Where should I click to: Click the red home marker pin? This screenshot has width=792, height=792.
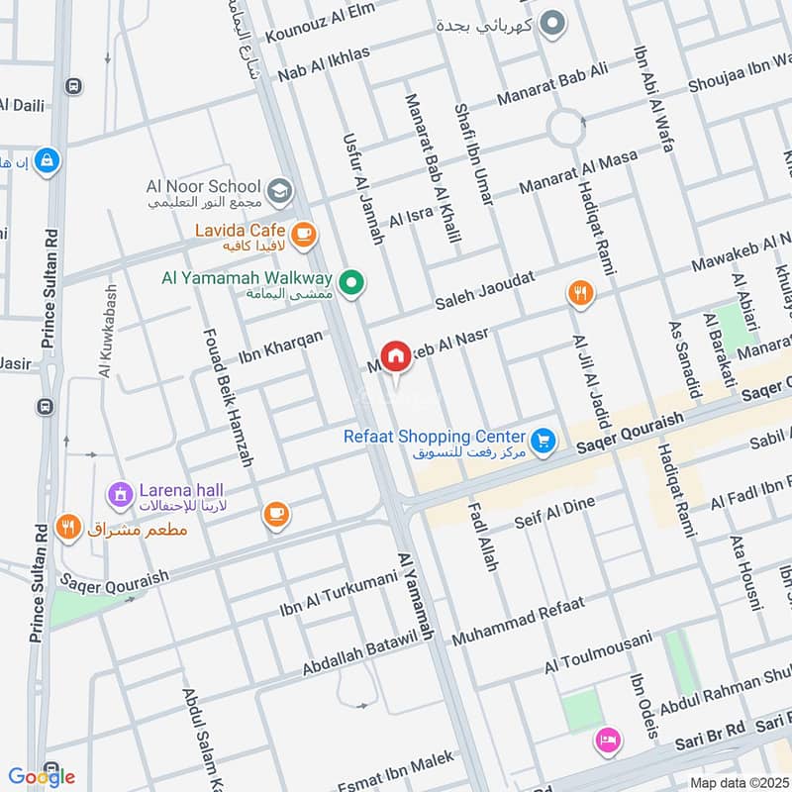coord(396,356)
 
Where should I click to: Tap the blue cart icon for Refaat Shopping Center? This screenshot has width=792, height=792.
coord(542,441)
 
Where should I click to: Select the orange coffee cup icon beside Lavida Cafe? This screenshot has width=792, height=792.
coord(304,234)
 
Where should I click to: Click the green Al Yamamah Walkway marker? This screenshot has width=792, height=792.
coord(350,284)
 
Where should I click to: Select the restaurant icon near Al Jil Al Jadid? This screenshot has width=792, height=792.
coord(579,293)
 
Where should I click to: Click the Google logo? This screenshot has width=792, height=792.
coord(42,776)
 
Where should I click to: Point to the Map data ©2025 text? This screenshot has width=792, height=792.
coord(739,782)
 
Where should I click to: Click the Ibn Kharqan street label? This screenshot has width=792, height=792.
coord(280,347)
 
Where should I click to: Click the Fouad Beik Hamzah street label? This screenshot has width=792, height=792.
coord(226,396)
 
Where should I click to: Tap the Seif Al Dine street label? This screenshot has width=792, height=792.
coord(554,513)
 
